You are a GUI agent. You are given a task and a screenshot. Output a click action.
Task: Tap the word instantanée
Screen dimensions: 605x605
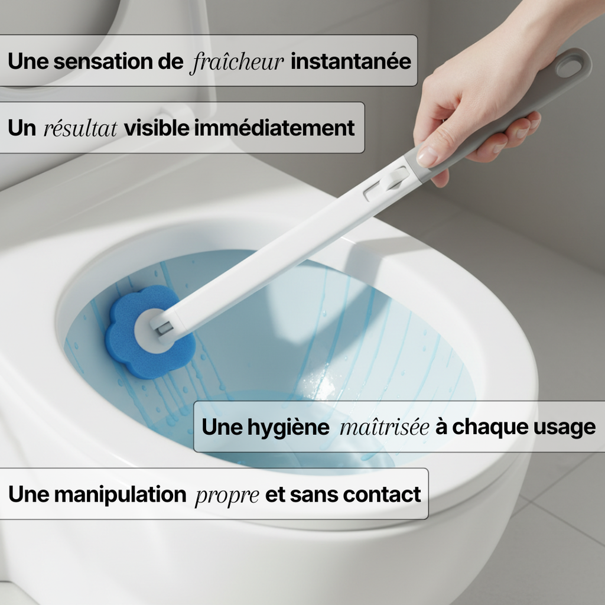(350, 61)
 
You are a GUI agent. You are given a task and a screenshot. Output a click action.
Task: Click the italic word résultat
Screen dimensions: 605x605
(80, 128)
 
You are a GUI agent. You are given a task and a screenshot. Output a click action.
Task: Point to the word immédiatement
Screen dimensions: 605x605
(275, 128)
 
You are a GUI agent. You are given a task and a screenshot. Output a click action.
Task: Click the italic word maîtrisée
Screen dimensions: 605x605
(384, 427)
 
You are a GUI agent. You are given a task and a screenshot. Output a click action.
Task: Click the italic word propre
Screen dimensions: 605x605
(227, 495)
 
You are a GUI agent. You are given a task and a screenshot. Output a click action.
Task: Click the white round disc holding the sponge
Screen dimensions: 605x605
(152, 330)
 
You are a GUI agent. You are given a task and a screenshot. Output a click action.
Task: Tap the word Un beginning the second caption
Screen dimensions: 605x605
(22, 128)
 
